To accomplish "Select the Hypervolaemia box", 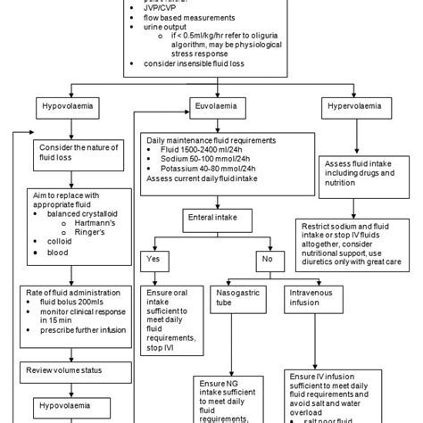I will [354, 106].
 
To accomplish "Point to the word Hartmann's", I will [89, 220].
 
